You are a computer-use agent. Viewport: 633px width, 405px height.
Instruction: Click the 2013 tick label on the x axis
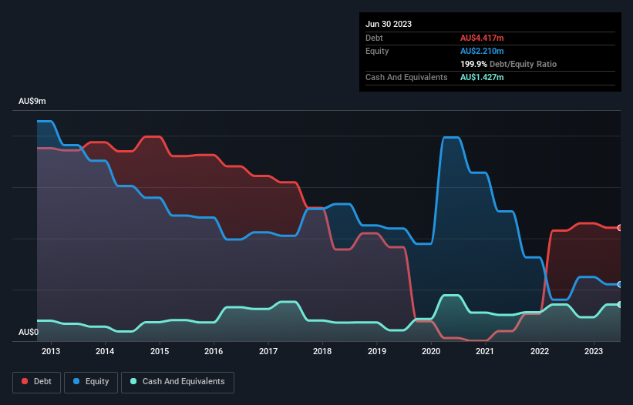[51, 352]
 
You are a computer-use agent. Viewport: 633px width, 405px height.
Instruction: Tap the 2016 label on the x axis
[214, 352]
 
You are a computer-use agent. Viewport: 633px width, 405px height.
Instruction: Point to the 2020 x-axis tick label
[431, 352]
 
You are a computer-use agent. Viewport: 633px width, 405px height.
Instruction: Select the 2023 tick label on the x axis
[594, 352]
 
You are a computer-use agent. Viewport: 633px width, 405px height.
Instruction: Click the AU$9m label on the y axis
[33, 102]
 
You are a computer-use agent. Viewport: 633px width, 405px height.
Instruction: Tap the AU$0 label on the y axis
[29, 332]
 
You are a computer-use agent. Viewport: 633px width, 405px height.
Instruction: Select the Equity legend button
[92, 382]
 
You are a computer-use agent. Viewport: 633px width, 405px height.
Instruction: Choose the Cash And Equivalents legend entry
[177, 382]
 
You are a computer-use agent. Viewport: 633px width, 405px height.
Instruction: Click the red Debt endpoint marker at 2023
[620, 228]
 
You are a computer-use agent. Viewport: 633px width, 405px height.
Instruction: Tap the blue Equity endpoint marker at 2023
[620, 284]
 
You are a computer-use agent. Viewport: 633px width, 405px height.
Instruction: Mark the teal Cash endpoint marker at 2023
[620, 304]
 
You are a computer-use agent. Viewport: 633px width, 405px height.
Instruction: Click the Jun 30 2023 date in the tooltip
[389, 24]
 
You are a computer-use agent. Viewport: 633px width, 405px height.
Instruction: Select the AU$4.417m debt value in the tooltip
[483, 38]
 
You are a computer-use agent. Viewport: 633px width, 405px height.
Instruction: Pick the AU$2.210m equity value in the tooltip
[483, 51]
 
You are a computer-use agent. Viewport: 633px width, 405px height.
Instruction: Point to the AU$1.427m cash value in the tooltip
[483, 77]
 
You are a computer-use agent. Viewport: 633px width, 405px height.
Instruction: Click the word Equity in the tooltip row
[377, 51]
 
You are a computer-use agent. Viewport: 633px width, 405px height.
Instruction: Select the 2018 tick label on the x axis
[322, 352]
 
